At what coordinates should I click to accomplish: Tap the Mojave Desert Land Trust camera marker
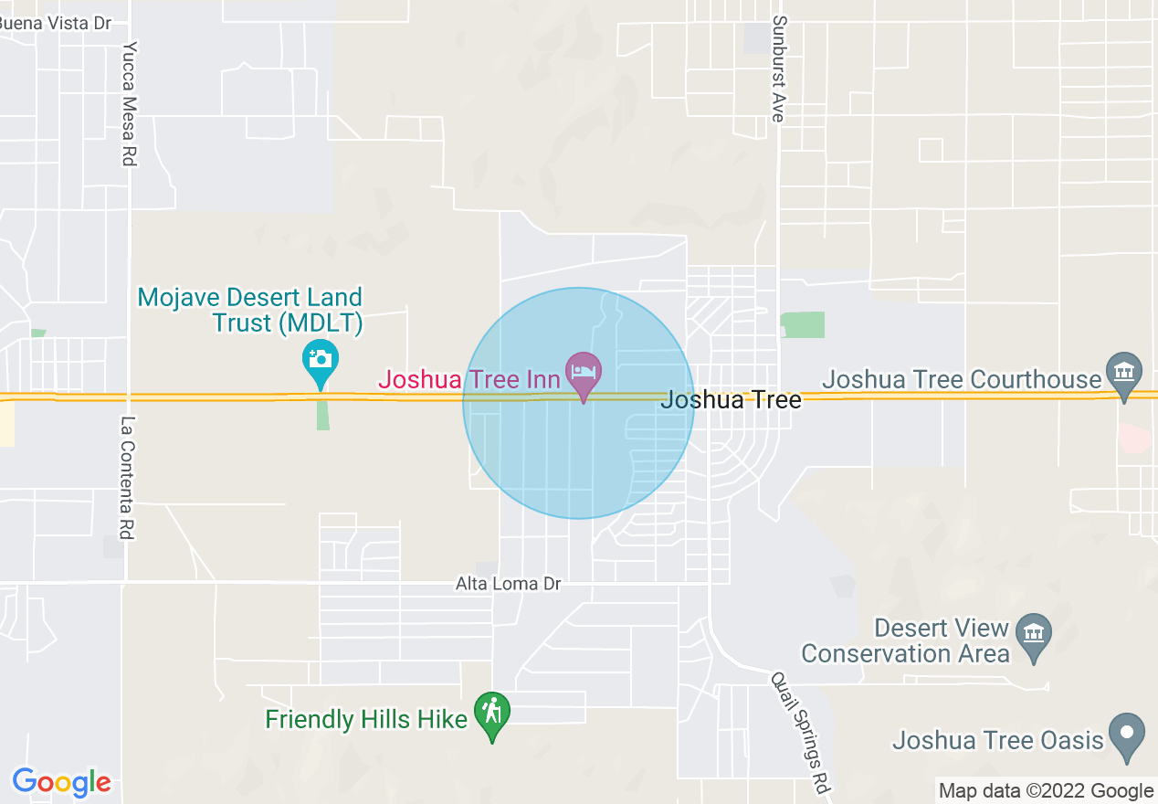click(321, 358)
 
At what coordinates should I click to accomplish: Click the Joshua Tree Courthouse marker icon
click(1124, 372)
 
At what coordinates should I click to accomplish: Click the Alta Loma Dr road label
click(508, 583)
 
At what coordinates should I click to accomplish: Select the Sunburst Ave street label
click(778, 69)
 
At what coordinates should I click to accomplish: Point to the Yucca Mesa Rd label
click(129, 104)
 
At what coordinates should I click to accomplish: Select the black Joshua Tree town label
click(731, 399)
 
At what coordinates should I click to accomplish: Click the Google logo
click(61, 782)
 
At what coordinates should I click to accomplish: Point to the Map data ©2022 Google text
click(1047, 791)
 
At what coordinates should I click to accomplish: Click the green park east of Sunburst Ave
click(803, 324)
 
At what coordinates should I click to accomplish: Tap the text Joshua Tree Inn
click(468, 379)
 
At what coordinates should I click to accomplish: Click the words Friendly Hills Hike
click(366, 719)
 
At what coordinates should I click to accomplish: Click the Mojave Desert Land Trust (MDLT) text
click(250, 310)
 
